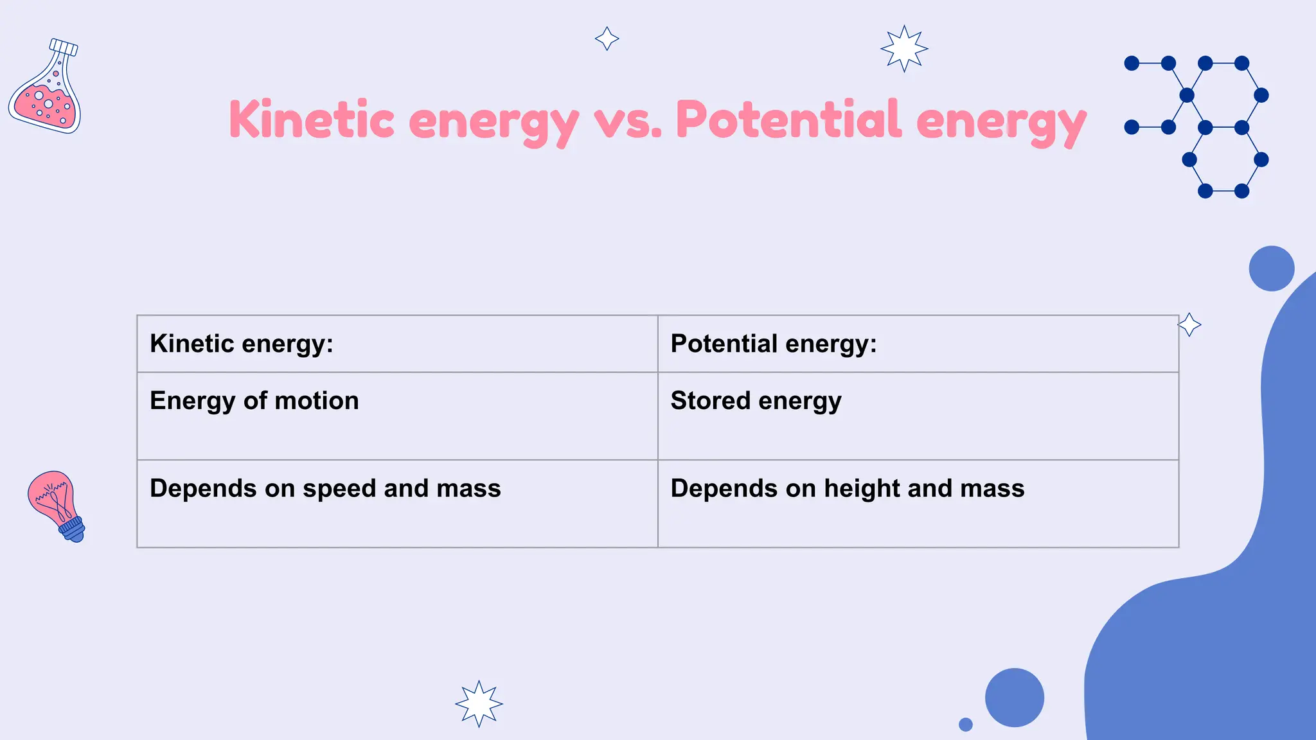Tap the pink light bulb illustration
[x=54, y=504]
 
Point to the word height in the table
[x=862, y=489]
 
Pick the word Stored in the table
[x=710, y=401]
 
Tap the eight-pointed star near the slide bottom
[x=479, y=703]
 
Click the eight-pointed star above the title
[x=904, y=48]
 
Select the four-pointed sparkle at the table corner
[x=1189, y=325]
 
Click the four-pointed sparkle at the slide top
[x=607, y=39]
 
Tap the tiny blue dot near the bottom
[x=965, y=725]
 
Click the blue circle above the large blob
[x=1271, y=269]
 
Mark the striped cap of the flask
[x=64, y=47]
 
